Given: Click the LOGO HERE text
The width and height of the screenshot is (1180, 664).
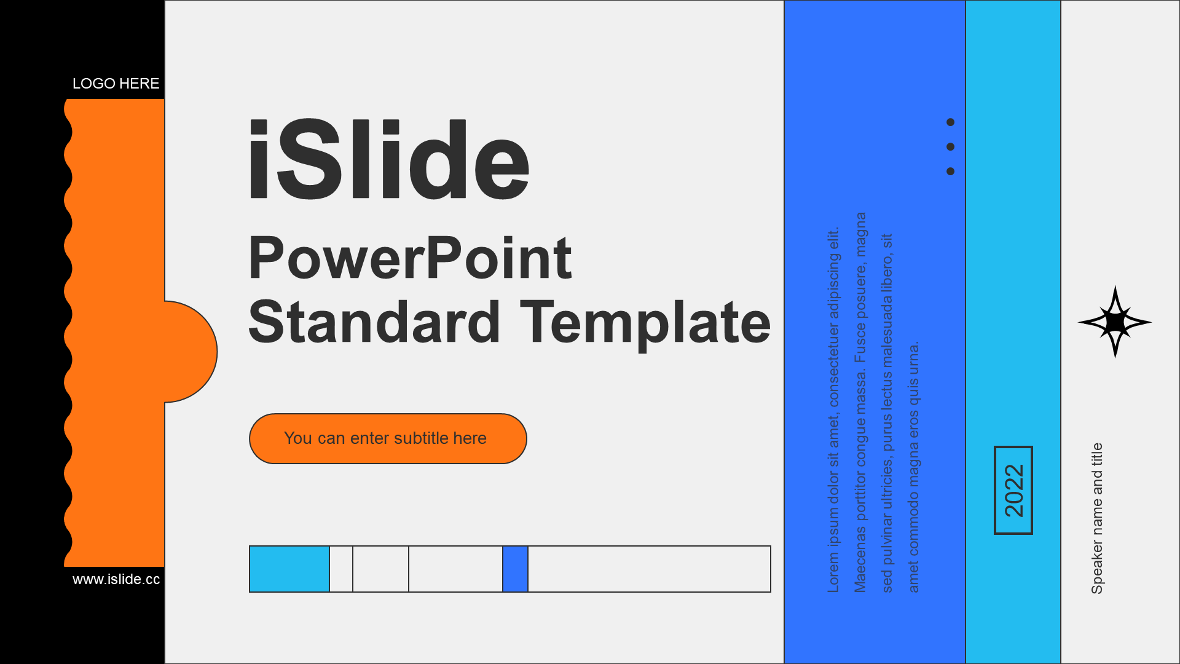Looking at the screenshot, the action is [x=116, y=84].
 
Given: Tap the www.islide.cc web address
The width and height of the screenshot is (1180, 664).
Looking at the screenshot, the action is [x=116, y=579].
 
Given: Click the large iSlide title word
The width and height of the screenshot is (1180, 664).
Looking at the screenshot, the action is [x=388, y=159].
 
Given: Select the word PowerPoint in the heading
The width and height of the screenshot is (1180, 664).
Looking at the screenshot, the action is [x=410, y=259].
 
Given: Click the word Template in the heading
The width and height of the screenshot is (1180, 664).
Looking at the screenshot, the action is [x=645, y=324].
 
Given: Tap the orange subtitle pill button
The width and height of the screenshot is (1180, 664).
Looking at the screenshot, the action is [x=388, y=438].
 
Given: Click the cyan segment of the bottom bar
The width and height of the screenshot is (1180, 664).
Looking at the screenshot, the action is [x=289, y=569].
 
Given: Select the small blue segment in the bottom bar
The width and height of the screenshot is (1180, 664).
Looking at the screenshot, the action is [x=516, y=569].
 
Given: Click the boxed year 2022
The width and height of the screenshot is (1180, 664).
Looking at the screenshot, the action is [x=1013, y=490].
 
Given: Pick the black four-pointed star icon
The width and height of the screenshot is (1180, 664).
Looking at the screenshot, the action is [x=1115, y=322].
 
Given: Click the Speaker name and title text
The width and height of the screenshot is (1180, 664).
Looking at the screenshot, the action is [x=1097, y=518].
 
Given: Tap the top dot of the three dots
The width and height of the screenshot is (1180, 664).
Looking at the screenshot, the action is [x=951, y=122].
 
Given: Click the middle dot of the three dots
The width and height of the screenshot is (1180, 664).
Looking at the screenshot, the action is [x=951, y=147].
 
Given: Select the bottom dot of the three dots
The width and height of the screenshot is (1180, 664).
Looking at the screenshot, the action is [x=951, y=172].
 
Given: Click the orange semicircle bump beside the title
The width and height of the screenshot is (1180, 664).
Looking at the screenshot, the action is [x=191, y=352].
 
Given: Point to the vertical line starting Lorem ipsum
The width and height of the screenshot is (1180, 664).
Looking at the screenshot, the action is [x=833, y=410].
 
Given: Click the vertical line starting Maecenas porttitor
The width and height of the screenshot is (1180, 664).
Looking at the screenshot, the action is [x=860, y=402].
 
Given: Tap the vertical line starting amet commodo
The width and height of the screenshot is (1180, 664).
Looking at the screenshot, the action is [x=914, y=467].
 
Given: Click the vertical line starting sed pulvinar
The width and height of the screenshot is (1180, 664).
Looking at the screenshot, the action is [x=887, y=413].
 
